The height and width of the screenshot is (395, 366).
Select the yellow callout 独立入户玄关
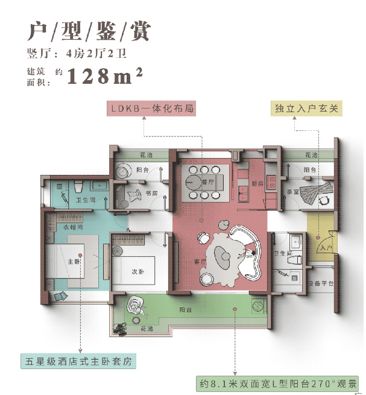pyautogui.click(x=308, y=109)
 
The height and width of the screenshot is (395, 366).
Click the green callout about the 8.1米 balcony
pyautogui.click(x=278, y=382)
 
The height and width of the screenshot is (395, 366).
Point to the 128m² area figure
pyautogui.click(x=105, y=77)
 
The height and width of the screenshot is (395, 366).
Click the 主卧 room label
pyautogui.click(x=74, y=262)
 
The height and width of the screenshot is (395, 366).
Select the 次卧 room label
pyautogui.click(x=139, y=272)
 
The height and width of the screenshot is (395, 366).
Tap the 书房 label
pyautogui.click(x=151, y=193)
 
